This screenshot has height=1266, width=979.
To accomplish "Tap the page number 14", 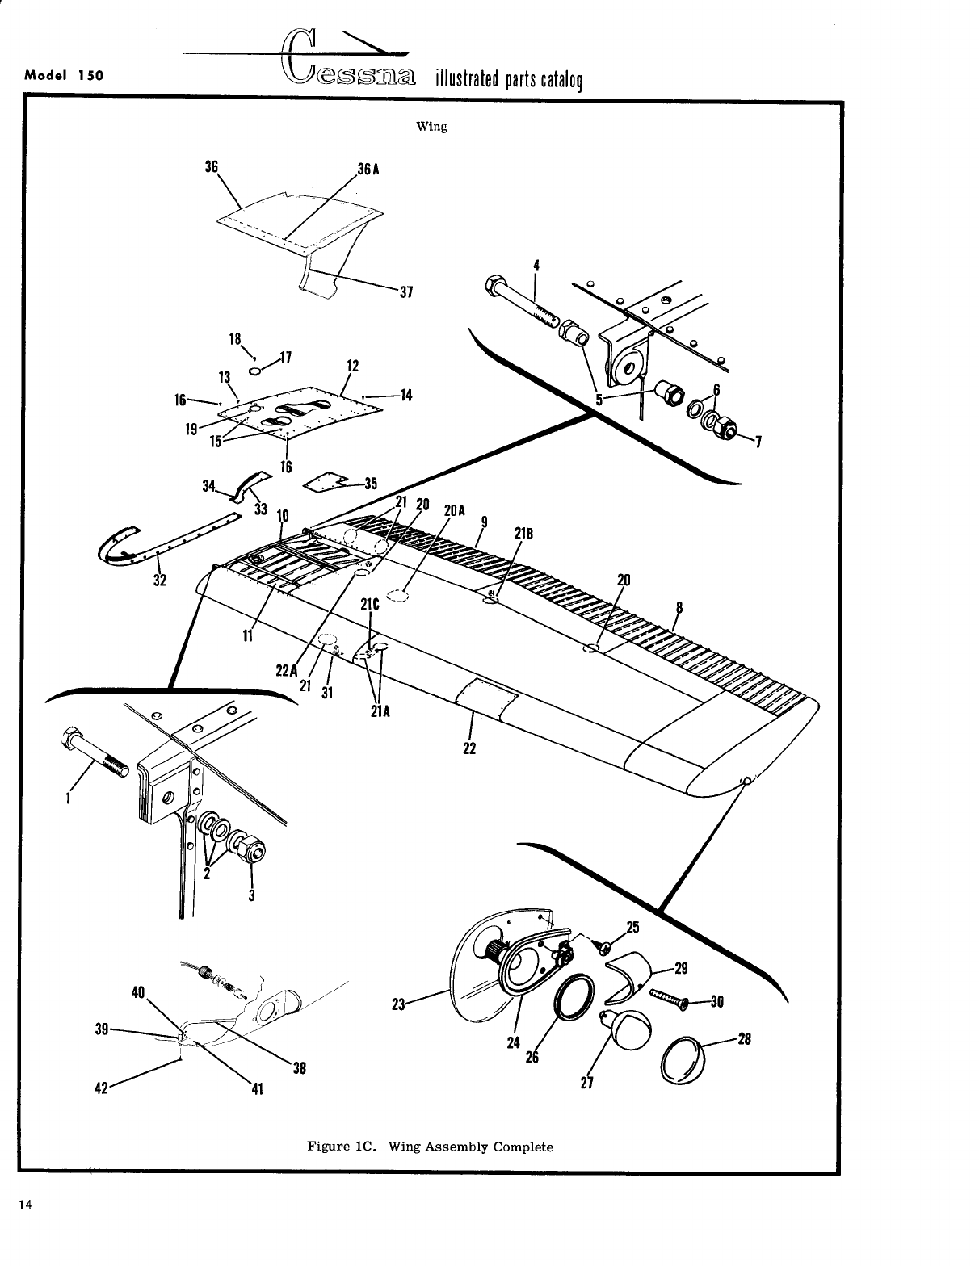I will click(26, 1205).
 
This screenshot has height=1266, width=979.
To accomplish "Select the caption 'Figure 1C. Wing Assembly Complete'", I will click(430, 1147).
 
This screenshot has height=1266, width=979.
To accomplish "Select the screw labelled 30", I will click(670, 1000).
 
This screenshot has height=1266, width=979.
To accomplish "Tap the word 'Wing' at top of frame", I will click(431, 127).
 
